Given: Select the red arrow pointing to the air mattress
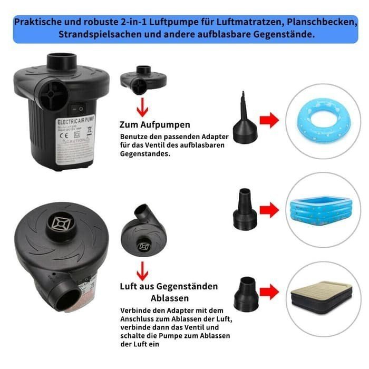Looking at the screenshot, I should coord(269,289).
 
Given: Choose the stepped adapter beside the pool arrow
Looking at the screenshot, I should coord(244,209).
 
